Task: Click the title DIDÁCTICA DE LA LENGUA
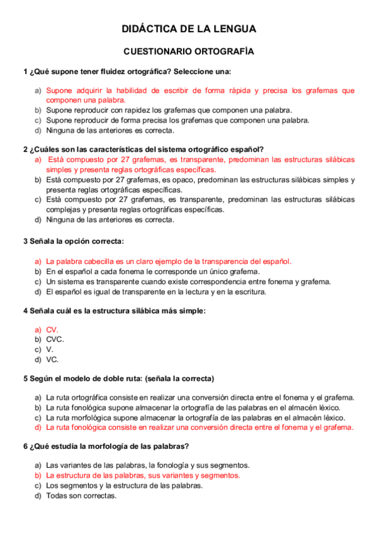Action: coord(188,29)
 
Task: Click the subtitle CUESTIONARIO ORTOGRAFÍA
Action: coord(188,52)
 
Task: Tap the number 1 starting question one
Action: coord(25,71)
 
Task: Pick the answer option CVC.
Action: coord(55,339)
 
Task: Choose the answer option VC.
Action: coord(52,360)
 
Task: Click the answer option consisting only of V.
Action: coord(50,349)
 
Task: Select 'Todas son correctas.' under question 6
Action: coord(82,495)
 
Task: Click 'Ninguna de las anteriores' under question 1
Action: coord(110,131)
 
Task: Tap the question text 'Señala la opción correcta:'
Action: coord(76,241)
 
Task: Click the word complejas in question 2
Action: coord(64,210)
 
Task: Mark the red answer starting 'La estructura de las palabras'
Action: coord(143,475)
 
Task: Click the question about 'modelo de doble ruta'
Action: coord(118,378)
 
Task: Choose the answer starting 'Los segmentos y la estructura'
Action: coord(124,485)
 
